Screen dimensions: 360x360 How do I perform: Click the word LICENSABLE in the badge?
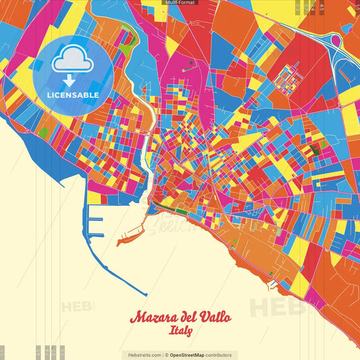point(72,95)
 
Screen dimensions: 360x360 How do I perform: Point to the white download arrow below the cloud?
point(70,80)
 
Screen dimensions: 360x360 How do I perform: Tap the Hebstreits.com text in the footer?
point(141,355)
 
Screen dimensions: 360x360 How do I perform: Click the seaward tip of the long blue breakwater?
point(145,294)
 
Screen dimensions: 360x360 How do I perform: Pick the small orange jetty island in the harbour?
point(128,238)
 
